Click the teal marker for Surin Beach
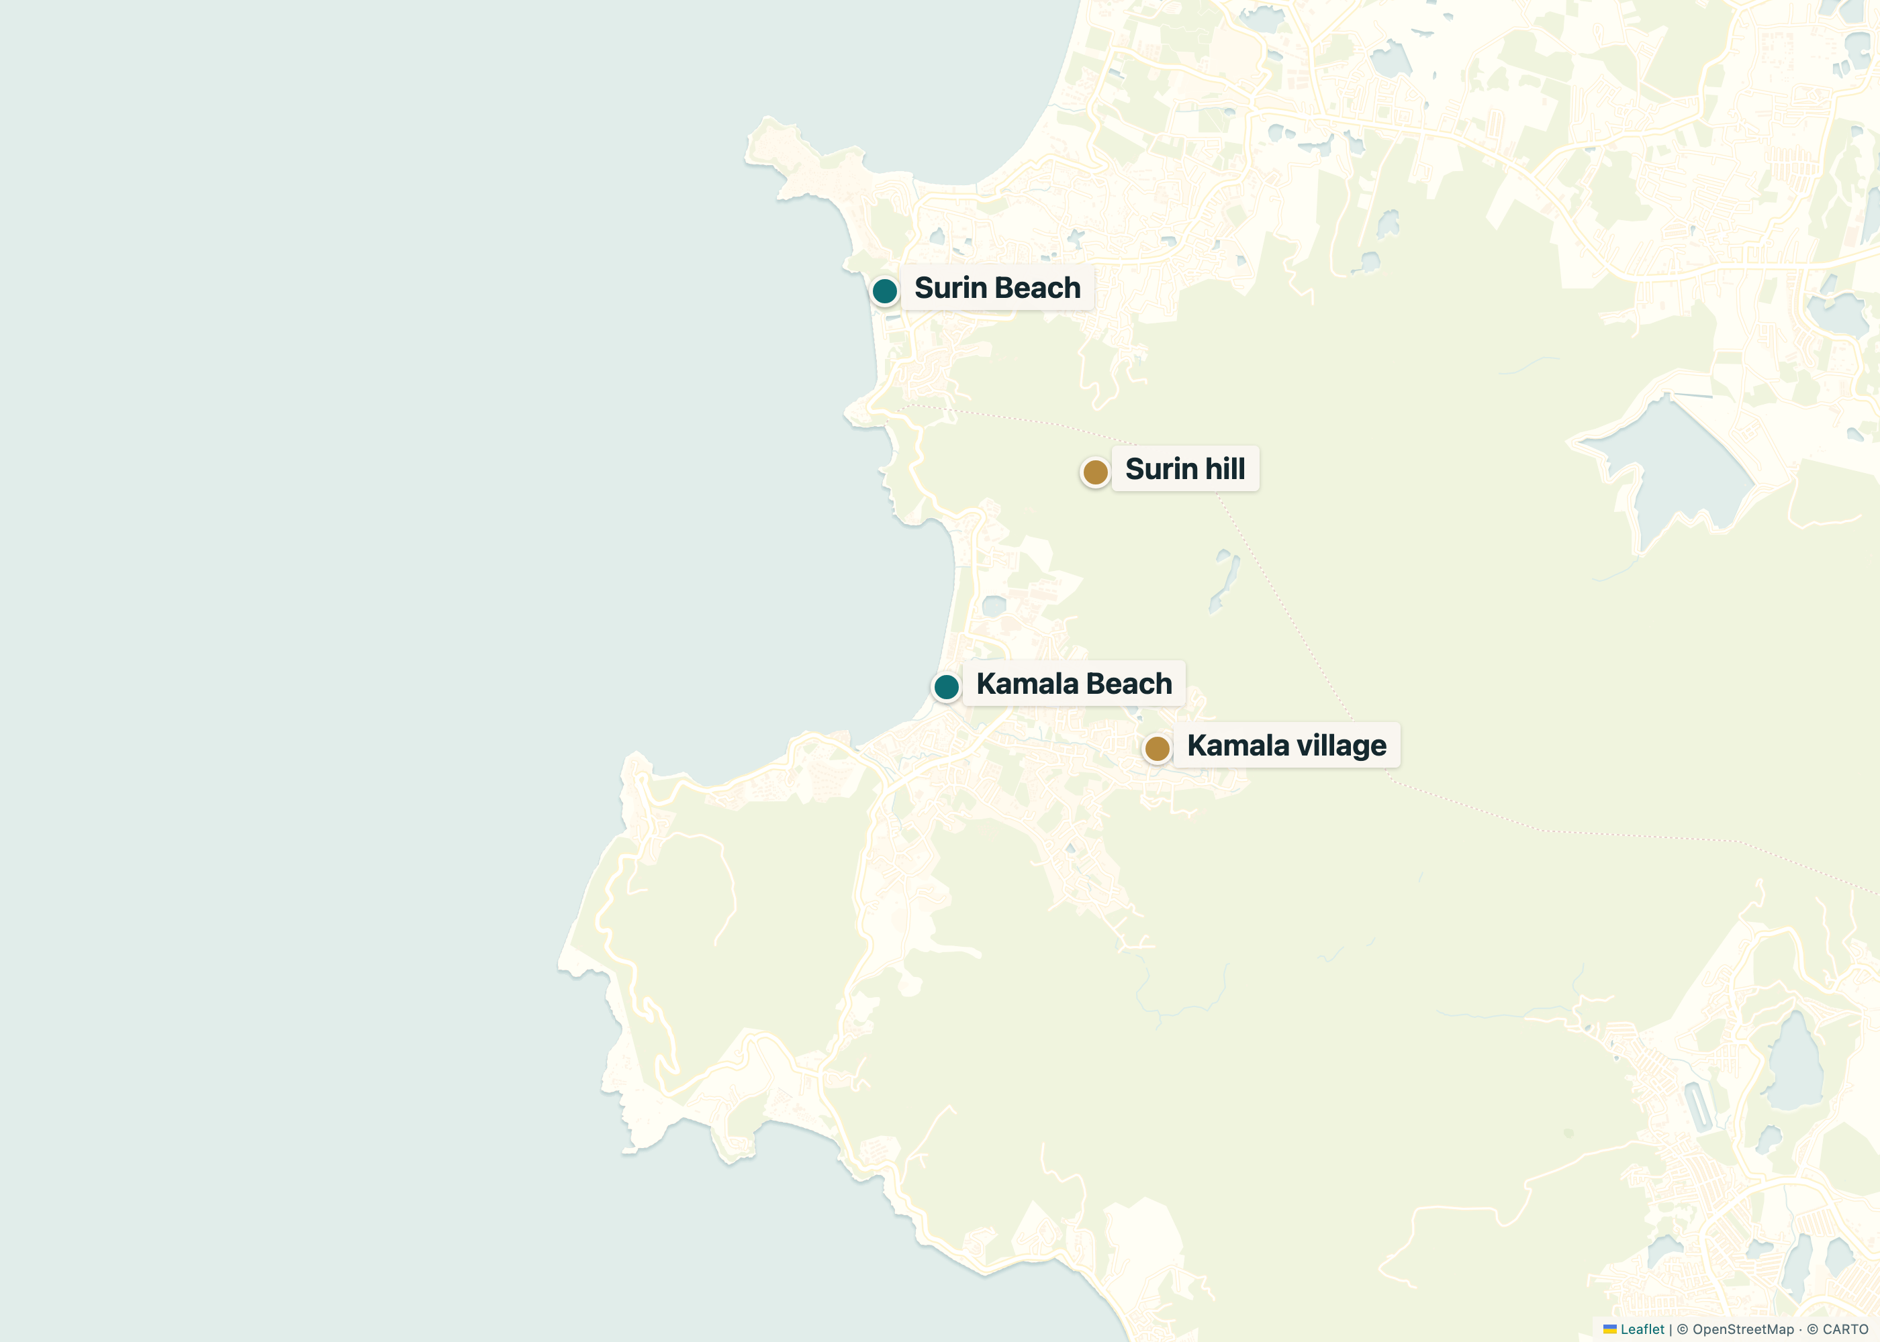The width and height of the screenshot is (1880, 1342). (x=885, y=291)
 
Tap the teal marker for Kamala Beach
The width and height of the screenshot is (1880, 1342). (x=946, y=686)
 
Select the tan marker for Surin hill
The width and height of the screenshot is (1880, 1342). (x=1095, y=472)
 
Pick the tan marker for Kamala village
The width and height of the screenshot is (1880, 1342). (x=1157, y=749)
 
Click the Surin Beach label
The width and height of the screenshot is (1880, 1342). (x=997, y=288)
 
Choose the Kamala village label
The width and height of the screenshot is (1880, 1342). (x=1286, y=745)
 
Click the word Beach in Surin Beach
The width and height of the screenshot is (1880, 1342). (x=1039, y=288)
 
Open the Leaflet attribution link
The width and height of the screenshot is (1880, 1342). (x=1642, y=1329)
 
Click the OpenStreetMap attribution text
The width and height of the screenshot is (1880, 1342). (x=1743, y=1329)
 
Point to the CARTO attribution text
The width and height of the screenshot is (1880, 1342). (x=1844, y=1329)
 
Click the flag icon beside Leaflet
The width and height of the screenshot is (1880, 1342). (x=1609, y=1329)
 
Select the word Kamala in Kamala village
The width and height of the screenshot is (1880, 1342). (x=1237, y=745)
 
